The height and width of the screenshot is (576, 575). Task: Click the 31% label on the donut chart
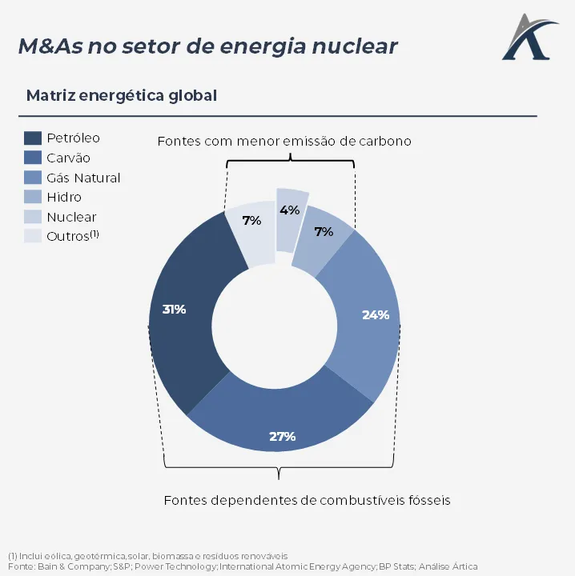coord(174,309)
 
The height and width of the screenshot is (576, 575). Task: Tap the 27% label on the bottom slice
coord(282,436)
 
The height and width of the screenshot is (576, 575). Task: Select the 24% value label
coord(375,314)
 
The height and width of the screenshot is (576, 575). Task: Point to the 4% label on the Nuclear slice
coord(289,210)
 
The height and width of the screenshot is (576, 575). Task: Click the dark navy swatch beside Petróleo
coord(33,138)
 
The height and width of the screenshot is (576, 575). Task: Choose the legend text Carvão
coord(68,158)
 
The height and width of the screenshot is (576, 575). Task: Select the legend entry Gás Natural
coord(83,178)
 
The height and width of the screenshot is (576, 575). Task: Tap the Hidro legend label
coord(64,197)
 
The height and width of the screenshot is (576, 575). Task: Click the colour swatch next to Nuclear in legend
coord(33,217)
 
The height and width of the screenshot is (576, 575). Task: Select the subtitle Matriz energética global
coord(122,95)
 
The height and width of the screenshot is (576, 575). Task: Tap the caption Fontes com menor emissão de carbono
coord(284,141)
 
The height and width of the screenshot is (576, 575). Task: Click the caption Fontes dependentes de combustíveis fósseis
coord(307,500)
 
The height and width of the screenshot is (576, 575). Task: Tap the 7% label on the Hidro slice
coord(324,232)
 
